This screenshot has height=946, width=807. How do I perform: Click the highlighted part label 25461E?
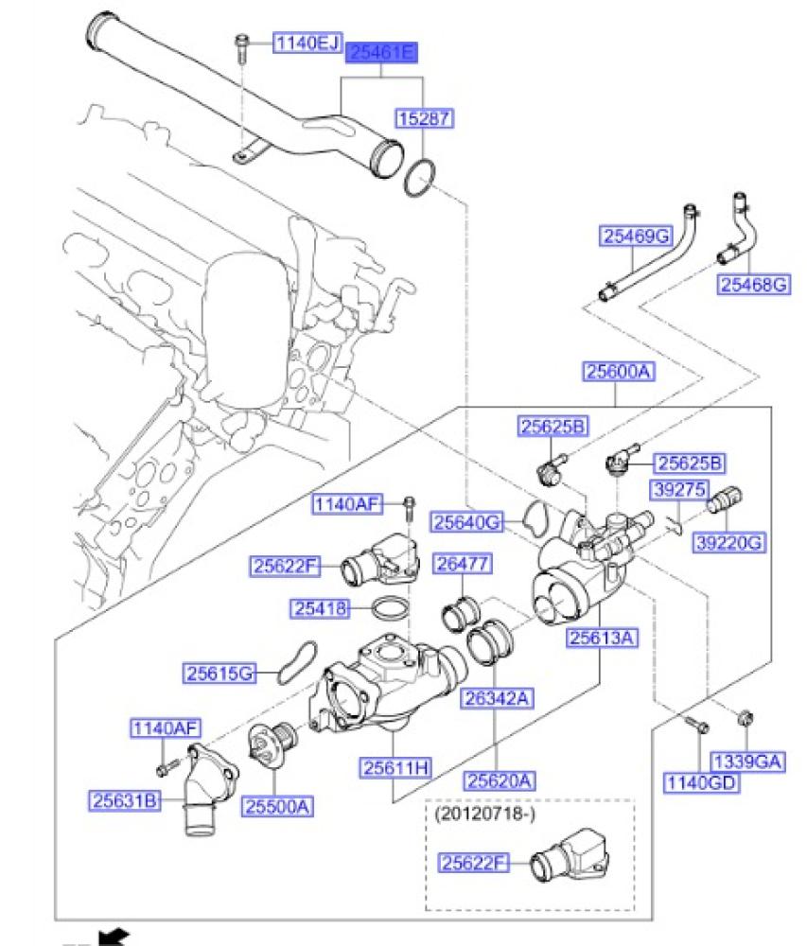pos(382,53)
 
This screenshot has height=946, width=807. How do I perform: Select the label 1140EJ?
pos(307,43)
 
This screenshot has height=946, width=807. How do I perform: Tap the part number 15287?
pos(423,118)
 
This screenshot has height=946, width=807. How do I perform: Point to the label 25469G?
pos(635,236)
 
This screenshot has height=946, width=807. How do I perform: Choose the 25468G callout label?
pos(754,284)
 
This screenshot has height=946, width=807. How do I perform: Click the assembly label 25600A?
pos(618,373)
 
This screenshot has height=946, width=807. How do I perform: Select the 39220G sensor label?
pos(730,542)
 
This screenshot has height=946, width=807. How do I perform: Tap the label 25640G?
pos(466,520)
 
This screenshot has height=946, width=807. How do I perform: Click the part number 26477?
pos(461,564)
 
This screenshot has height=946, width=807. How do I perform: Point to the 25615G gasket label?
pos(219,673)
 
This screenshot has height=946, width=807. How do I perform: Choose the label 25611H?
pos(395,767)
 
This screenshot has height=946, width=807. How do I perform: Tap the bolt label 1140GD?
pos(702,781)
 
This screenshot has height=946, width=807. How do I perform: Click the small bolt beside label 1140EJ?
pos(243,45)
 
